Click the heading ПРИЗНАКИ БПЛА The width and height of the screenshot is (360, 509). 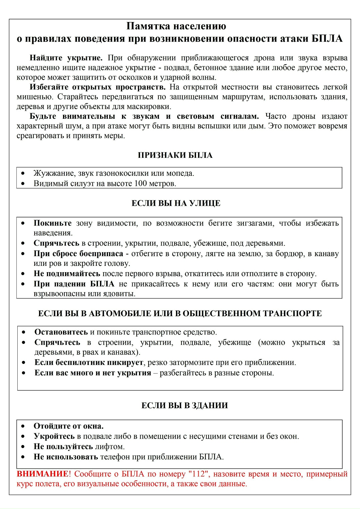[175, 155]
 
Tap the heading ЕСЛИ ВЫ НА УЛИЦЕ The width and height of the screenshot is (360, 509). [176, 203]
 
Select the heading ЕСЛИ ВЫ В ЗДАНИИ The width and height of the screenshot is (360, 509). [185, 405]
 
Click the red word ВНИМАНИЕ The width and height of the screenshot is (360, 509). [42, 474]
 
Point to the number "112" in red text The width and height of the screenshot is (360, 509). [198, 474]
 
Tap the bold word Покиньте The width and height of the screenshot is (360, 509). [52, 223]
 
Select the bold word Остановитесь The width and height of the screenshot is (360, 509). [61, 332]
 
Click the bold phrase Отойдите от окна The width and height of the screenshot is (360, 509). [68, 426]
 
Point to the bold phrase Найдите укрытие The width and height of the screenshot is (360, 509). [66, 58]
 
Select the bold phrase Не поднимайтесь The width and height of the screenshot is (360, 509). [67, 274]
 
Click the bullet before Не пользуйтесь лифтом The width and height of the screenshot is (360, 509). [23, 447]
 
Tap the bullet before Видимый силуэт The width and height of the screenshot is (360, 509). [23, 183]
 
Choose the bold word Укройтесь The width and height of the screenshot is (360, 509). [54, 436]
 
